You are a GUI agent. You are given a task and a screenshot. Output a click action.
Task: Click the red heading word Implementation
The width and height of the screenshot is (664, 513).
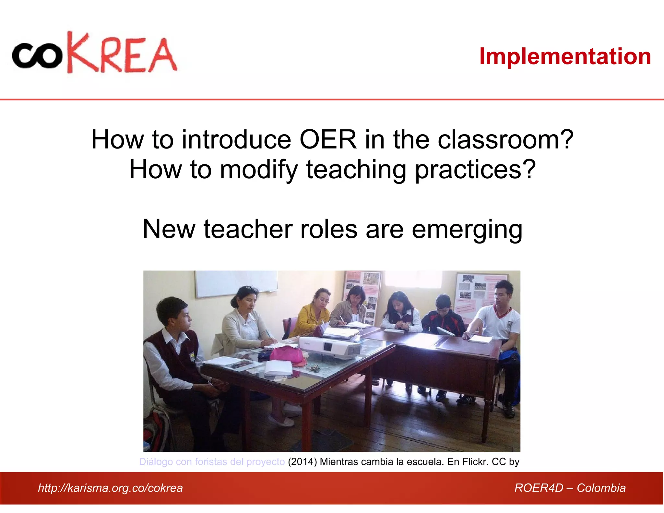click(565, 56)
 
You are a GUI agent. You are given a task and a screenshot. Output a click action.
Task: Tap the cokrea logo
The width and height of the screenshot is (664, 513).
click(95, 53)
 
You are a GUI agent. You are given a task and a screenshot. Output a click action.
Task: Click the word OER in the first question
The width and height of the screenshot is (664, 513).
click(327, 139)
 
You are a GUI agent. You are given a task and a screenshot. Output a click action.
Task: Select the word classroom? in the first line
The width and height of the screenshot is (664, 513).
click(506, 139)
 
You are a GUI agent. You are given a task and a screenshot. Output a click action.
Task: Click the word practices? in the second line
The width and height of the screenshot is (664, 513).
click(475, 170)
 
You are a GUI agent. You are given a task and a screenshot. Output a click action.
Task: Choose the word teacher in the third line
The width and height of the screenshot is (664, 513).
click(248, 229)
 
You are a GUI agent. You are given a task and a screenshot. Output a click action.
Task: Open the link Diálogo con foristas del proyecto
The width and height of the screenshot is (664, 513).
click(212, 461)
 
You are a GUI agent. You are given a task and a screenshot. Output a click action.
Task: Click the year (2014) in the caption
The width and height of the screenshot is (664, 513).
click(302, 461)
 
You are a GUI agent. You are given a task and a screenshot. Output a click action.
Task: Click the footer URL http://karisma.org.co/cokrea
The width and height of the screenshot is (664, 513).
click(110, 488)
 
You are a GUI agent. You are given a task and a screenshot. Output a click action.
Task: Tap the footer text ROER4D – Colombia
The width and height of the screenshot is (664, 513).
click(570, 488)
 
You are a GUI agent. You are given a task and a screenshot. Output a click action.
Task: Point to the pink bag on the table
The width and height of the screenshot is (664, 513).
click(287, 354)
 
